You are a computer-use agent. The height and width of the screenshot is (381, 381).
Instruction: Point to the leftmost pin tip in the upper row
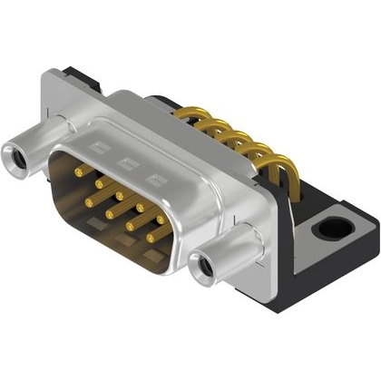tap(78, 171)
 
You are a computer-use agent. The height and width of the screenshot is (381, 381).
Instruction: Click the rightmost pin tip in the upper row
tap(160, 219)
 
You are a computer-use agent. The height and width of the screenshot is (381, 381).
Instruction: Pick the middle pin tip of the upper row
tap(118, 194)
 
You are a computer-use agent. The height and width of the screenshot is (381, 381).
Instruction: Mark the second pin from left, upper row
tap(98, 182)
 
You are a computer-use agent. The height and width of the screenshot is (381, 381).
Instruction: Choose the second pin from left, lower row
tap(109, 213)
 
